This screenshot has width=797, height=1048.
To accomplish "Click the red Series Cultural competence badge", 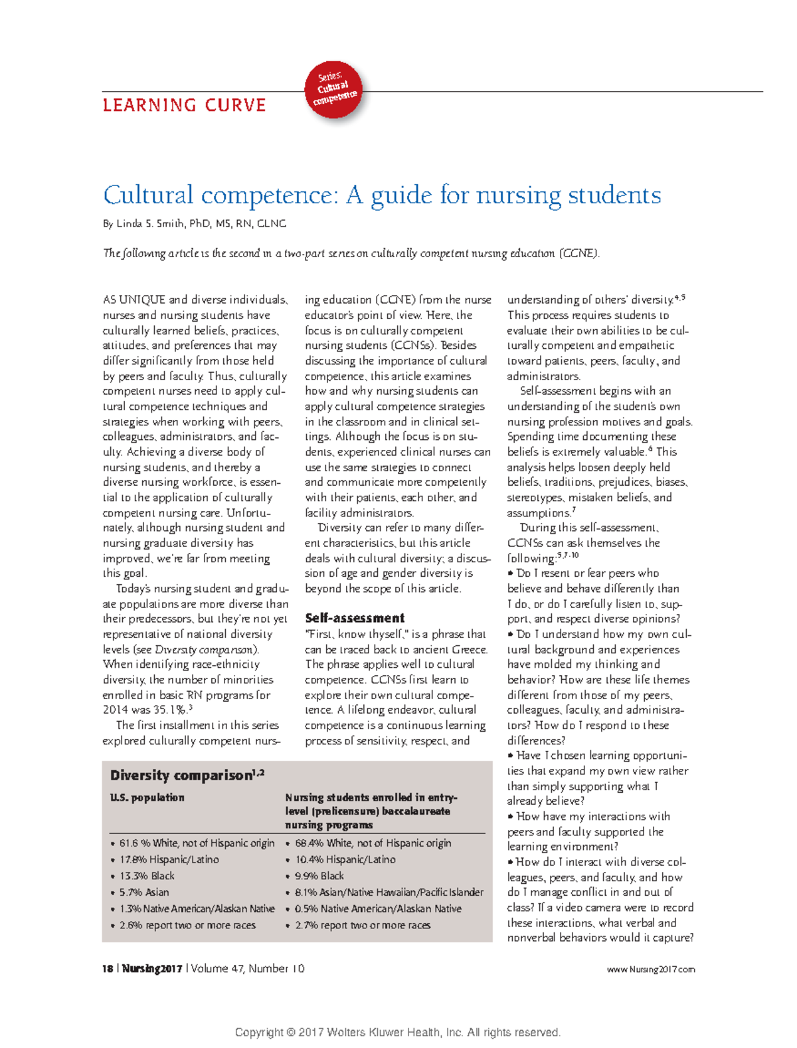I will click(x=333, y=89).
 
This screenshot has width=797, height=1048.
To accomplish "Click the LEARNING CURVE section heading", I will click(x=184, y=106).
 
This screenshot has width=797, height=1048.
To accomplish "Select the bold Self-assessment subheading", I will click(x=355, y=618).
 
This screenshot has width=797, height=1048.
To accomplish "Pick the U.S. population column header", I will click(x=147, y=797).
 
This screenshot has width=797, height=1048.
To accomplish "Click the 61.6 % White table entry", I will click(x=197, y=843).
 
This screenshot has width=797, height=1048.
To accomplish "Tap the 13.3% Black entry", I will click(x=147, y=876).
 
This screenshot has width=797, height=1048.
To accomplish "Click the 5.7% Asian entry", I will click(x=144, y=892).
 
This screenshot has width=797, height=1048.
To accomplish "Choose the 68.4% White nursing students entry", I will click(x=373, y=843).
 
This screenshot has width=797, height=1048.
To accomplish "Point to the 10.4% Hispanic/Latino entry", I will click(x=345, y=860).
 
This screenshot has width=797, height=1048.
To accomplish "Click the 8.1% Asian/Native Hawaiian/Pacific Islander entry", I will click(x=389, y=892).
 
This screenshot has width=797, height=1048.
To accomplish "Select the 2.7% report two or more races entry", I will click(x=363, y=925).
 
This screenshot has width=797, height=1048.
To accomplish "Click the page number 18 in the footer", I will click(x=107, y=969).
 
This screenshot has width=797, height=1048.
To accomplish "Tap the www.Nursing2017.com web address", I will click(x=651, y=970).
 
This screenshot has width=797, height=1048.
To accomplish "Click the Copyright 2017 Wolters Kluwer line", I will click(x=398, y=1032).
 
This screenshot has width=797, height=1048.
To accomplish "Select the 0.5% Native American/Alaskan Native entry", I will click(x=378, y=908).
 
